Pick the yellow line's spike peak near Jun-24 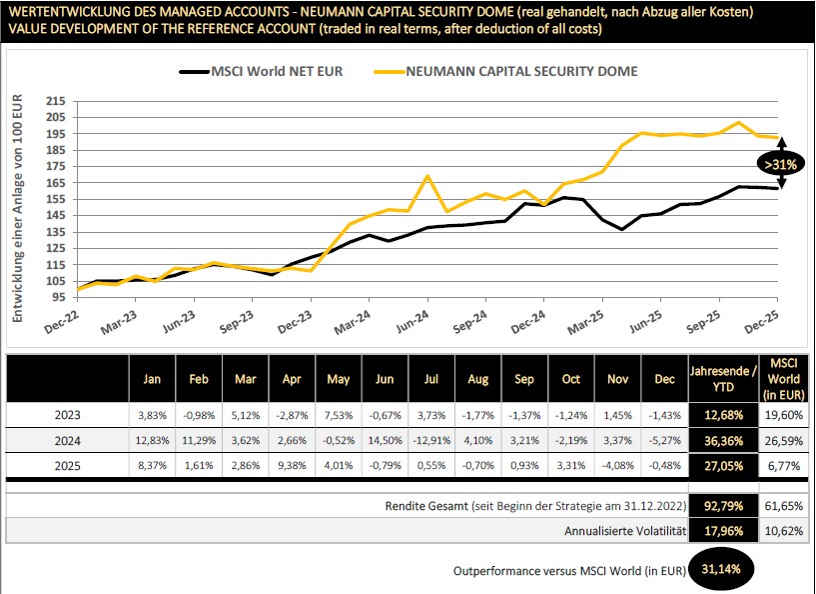(x=427, y=177)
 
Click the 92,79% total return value (x=722, y=507)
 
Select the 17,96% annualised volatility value (x=722, y=531)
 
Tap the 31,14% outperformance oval (x=722, y=569)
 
